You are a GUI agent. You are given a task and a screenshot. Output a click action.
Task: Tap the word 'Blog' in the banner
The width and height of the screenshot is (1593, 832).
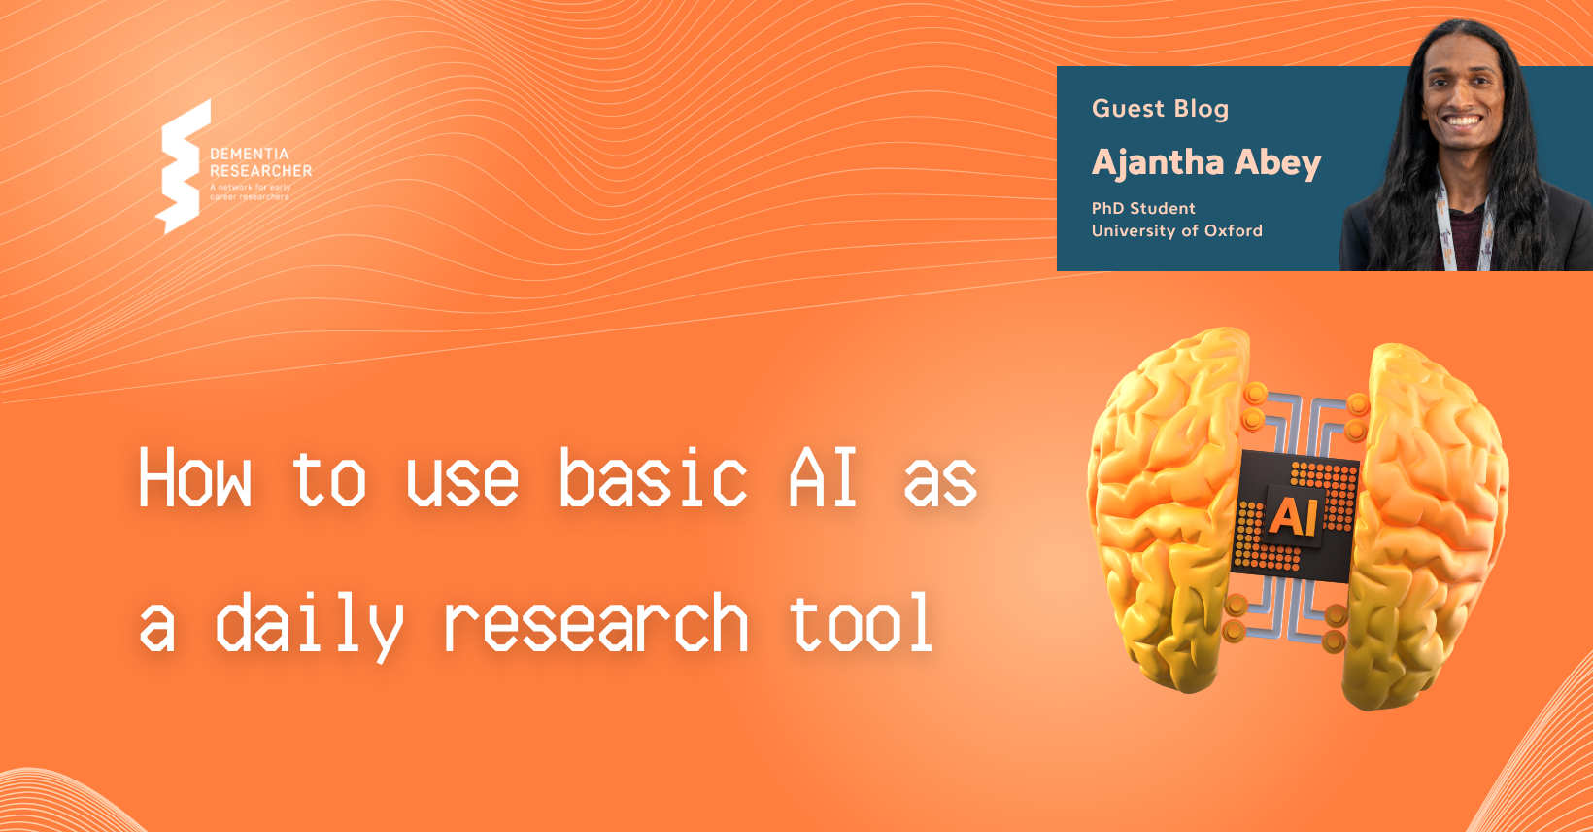1202,109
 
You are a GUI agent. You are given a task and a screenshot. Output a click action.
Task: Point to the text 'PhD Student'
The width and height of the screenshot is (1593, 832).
1143,208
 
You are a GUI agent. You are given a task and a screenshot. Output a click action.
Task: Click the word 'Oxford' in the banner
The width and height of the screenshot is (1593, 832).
1234,230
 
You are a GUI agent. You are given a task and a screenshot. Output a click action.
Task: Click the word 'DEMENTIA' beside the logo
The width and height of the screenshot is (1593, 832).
250,154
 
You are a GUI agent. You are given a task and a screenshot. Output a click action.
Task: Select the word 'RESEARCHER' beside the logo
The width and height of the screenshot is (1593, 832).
261,171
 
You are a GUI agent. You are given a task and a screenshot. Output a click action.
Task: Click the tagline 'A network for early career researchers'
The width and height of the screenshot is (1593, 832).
251,191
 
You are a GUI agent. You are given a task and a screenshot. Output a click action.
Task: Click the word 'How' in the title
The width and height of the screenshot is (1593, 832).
195,478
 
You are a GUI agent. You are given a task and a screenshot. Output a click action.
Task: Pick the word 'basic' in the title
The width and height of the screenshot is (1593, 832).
653,478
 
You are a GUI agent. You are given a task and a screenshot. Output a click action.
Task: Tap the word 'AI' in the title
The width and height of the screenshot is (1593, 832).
823,478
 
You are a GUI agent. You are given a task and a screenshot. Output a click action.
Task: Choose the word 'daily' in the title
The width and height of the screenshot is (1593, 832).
308,624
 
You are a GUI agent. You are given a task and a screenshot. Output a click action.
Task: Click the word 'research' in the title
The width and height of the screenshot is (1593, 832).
595,624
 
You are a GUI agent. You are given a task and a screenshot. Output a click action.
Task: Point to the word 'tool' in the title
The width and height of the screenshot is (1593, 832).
861,624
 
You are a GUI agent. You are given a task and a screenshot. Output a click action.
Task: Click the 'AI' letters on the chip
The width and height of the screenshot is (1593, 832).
1293,517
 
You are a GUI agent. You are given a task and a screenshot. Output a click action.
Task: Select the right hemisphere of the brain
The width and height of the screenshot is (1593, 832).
1428,515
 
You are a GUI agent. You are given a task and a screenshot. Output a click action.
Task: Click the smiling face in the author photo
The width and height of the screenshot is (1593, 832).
1463,98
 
